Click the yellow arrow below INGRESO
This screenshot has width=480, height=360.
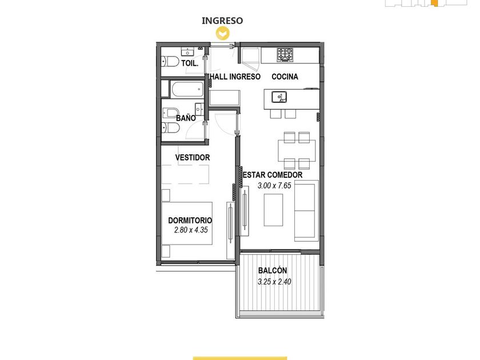(222, 33)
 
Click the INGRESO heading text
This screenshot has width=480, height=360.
(222, 21)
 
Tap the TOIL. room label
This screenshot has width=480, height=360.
(190, 63)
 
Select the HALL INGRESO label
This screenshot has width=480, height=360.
(235, 77)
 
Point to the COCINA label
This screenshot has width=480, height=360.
(285, 77)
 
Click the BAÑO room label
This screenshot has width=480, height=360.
(186, 118)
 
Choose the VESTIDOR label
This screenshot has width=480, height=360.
(193, 157)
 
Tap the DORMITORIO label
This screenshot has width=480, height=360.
(190, 221)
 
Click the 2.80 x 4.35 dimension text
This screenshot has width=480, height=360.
(191, 230)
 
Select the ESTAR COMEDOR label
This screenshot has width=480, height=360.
(273, 175)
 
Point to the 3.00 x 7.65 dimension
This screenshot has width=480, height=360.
(274, 186)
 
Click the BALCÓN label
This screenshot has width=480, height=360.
(273, 270)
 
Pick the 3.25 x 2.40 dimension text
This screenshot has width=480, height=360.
(274, 282)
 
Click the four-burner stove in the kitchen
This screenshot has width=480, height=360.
(285, 55)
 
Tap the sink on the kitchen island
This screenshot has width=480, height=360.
(279, 97)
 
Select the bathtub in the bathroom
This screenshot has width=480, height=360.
(187, 89)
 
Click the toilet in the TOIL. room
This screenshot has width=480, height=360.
(170, 62)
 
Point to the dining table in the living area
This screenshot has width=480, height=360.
(297, 150)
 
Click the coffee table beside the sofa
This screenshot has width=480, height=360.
(273, 210)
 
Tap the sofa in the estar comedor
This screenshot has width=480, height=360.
(306, 211)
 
